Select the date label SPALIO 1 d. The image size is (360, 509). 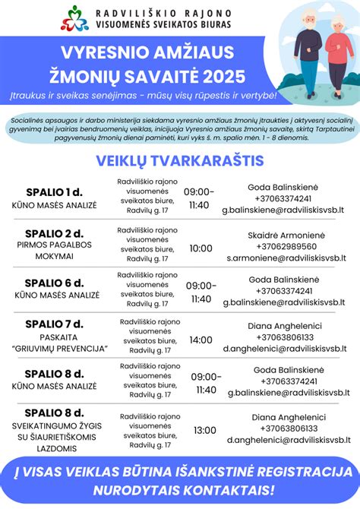tap(54, 191)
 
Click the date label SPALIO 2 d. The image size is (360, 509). tap(54, 232)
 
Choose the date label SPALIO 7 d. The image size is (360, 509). tap(54, 324)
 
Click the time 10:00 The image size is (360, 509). tap(201, 248)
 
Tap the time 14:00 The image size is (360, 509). tap(201, 340)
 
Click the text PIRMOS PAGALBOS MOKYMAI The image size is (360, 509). tap(54, 251)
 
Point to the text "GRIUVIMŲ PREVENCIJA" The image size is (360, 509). tap(54, 349)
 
